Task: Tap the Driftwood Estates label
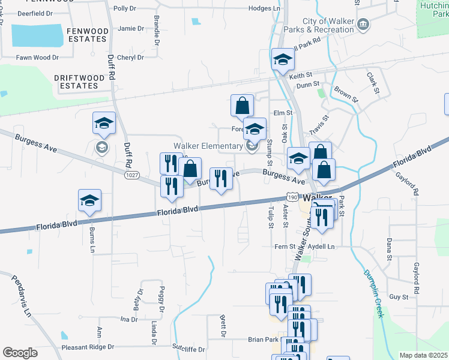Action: pos(76,82)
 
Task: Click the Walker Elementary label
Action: pos(208,146)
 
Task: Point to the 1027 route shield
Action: pos(131,175)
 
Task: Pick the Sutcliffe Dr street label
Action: pos(188,349)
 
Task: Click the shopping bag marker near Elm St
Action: pos(241,106)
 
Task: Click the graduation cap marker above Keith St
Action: pos(283,59)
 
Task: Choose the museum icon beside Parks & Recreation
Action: pos(363,25)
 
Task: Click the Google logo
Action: pos(20,353)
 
